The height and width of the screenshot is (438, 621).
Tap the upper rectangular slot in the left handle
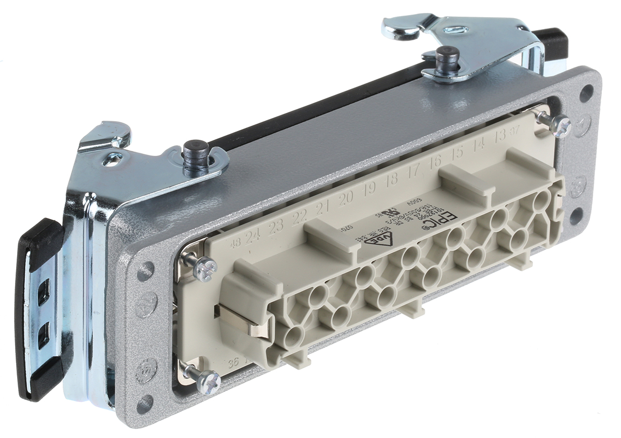point(44,291)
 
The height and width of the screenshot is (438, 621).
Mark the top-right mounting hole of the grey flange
point(586,93)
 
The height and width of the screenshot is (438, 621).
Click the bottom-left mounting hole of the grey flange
point(144,403)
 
